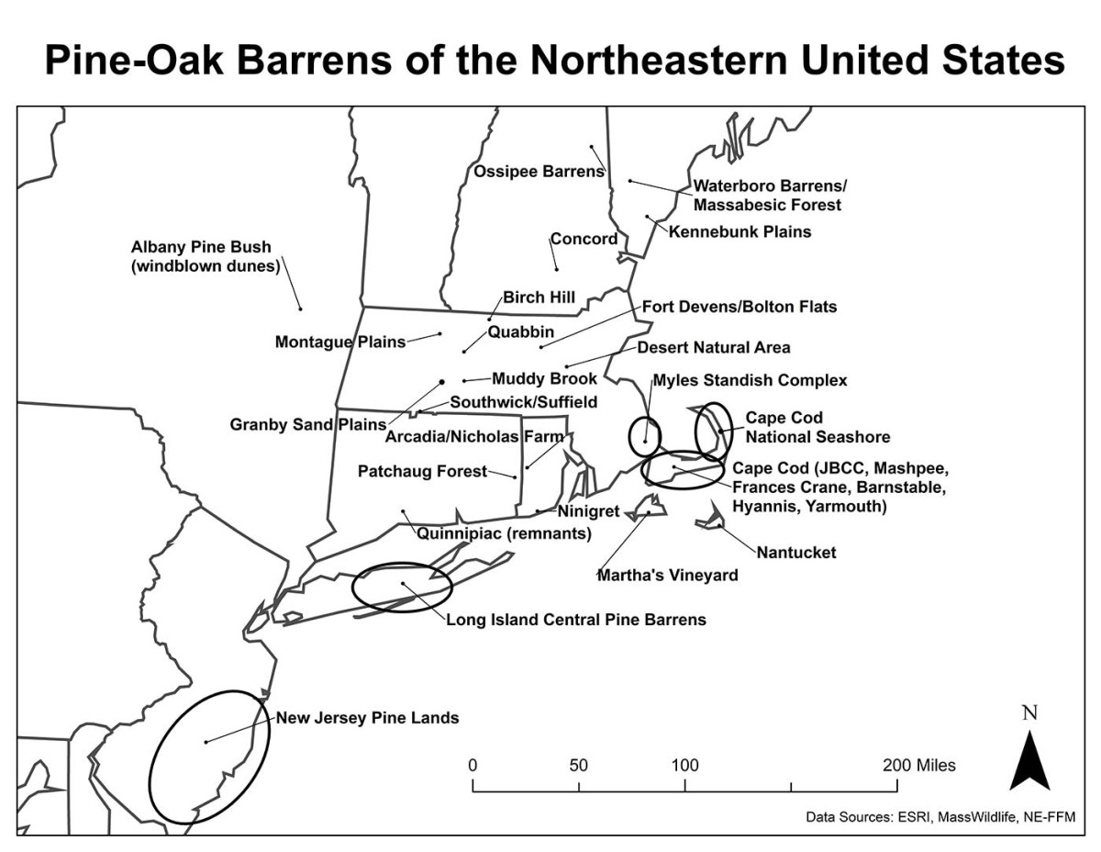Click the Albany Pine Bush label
206,257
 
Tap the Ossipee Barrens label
539,171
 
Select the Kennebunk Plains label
740,231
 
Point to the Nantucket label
796,553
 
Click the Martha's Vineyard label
667,576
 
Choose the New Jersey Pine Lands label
367,718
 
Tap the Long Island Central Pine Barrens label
576,619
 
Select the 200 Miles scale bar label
917,765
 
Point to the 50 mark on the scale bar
578,765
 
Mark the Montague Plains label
340,342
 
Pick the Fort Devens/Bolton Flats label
739,307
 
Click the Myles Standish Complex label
750,380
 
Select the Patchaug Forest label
422,471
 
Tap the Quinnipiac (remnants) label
504,532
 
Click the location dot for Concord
556,269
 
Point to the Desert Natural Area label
713,347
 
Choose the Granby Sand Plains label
308,424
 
